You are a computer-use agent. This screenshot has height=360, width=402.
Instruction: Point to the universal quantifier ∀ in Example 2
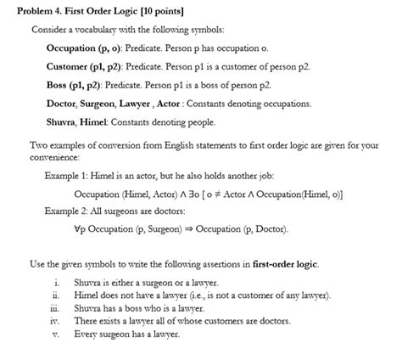pyautogui.click(x=77, y=229)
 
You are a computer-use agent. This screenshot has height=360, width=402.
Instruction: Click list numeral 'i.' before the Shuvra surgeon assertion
pyautogui.click(x=56, y=282)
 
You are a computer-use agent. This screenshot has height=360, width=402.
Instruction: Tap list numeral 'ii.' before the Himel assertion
pyautogui.click(x=55, y=295)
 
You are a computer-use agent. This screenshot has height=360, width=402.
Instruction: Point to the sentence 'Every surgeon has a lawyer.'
pyautogui.click(x=126, y=334)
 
